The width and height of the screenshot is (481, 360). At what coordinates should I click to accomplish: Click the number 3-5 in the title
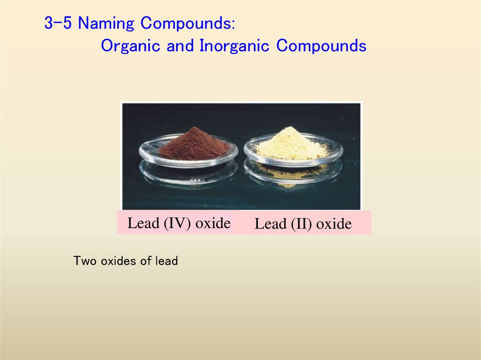58,23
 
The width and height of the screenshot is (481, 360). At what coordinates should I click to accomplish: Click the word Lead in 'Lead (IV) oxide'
144,223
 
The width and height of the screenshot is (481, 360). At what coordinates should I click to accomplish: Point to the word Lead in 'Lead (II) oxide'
271,224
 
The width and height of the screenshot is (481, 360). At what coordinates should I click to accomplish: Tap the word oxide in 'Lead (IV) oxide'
213,223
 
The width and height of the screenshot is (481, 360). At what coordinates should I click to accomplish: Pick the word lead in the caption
166,261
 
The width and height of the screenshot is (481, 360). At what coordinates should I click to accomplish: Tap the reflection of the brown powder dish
189,174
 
